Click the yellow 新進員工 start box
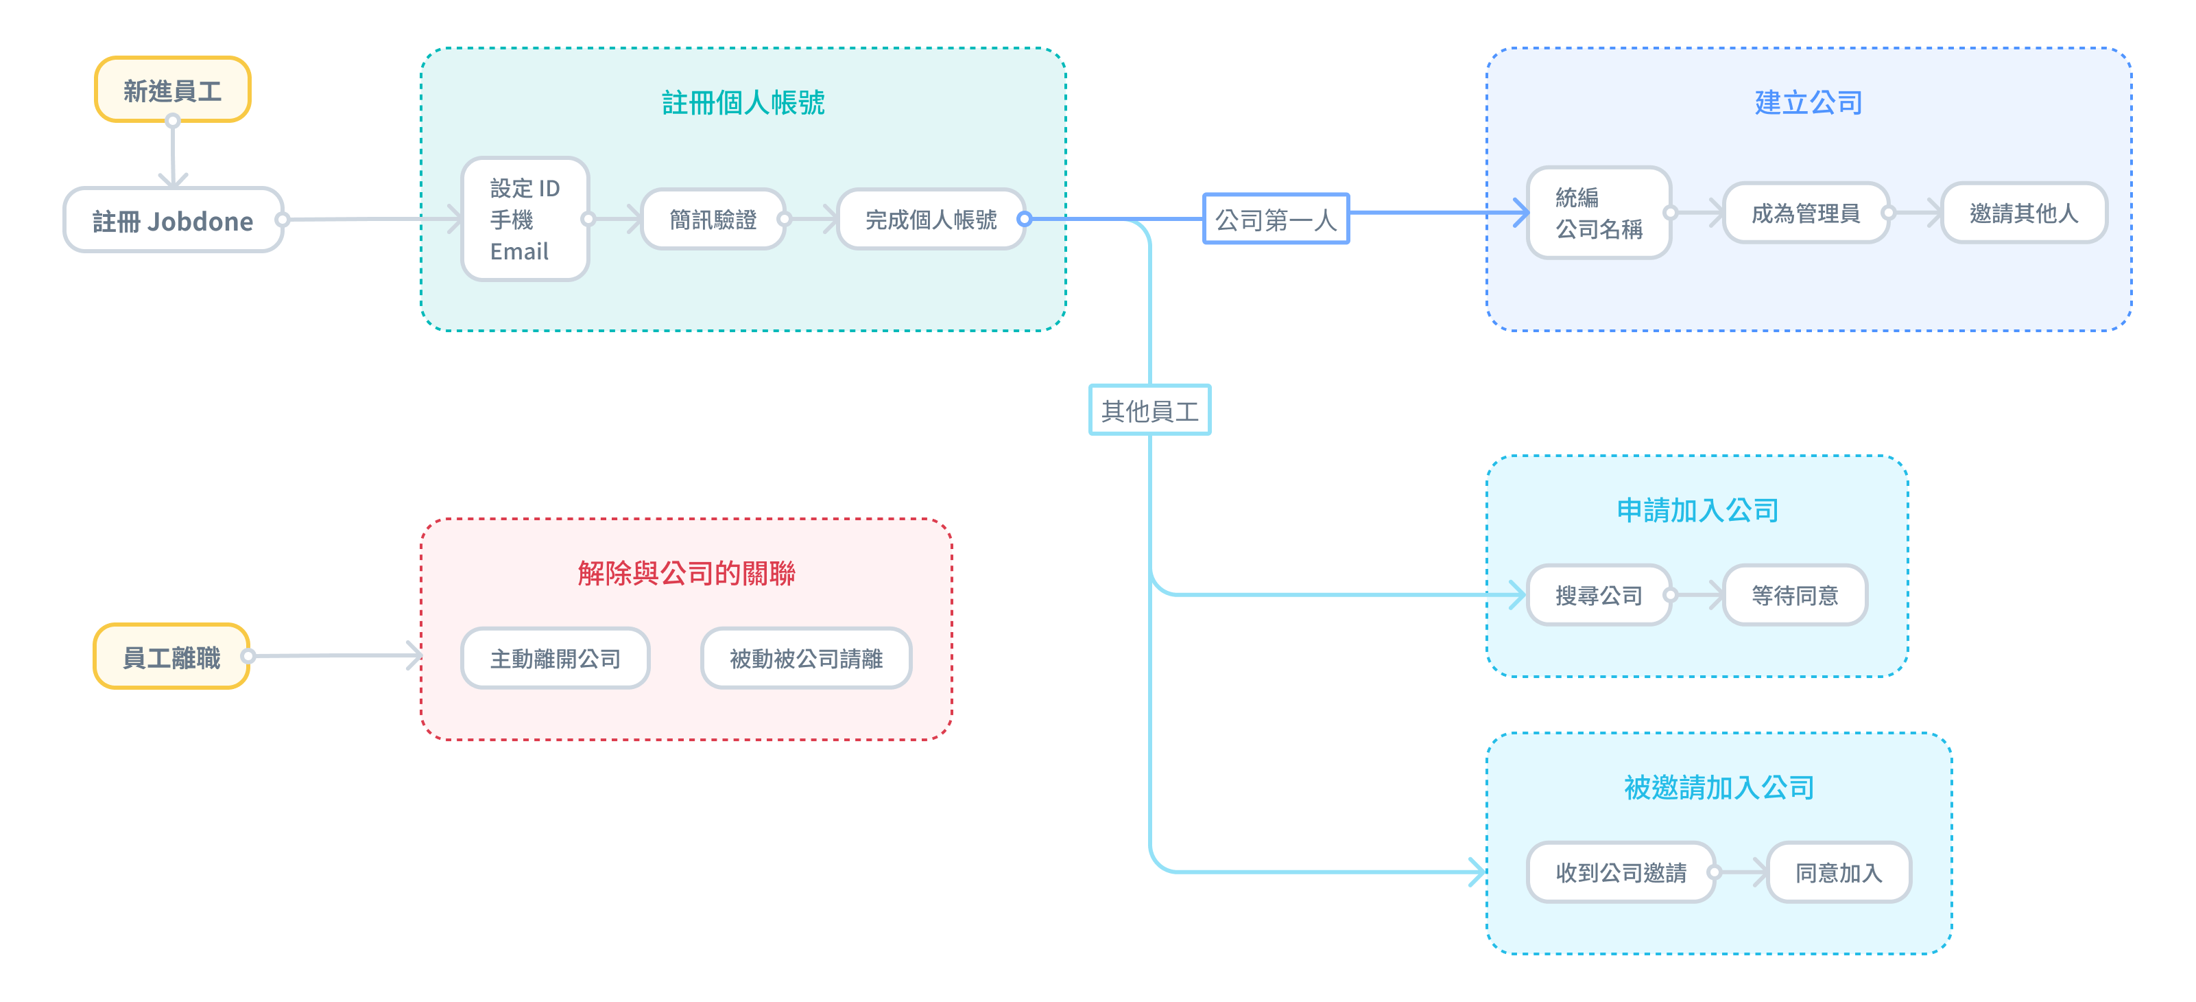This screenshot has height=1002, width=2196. pyautogui.click(x=172, y=89)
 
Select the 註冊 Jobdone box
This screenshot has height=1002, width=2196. pyautogui.click(x=173, y=220)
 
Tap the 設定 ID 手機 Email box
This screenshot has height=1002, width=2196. pyautogui.click(x=525, y=219)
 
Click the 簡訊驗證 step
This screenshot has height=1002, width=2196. pyautogui.click(x=713, y=219)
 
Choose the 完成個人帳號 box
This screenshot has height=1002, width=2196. pyautogui.click(x=931, y=219)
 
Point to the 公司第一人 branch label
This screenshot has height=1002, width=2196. pyautogui.click(x=1276, y=219)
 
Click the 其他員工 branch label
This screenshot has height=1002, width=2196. pyautogui.click(x=1150, y=410)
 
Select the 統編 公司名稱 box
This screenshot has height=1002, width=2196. pyautogui.click(x=1599, y=212)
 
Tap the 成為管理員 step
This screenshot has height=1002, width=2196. pyautogui.click(x=1806, y=212)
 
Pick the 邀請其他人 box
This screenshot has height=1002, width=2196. pyautogui.click(x=2024, y=212)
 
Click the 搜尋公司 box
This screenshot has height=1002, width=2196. pyautogui.click(x=1599, y=594)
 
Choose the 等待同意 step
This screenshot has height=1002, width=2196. pyautogui.click(x=1795, y=594)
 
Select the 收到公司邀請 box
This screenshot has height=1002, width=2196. pyautogui.click(x=1621, y=872)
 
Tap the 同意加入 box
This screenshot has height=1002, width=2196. pyautogui.click(x=1839, y=872)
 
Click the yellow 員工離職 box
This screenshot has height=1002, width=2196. pyautogui.click(x=171, y=656)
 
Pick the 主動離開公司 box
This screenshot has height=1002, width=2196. pyautogui.click(x=555, y=657)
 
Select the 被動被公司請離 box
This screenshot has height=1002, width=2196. pyautogui.click(x=806, y=657)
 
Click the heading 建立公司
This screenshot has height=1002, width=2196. pyautogui.click(x=1808, y=102)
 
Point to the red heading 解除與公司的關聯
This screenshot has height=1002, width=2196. pyautogui.click(x=687, y=573)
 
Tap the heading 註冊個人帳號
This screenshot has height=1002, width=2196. pyautogui.click(x=743, y=102)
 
